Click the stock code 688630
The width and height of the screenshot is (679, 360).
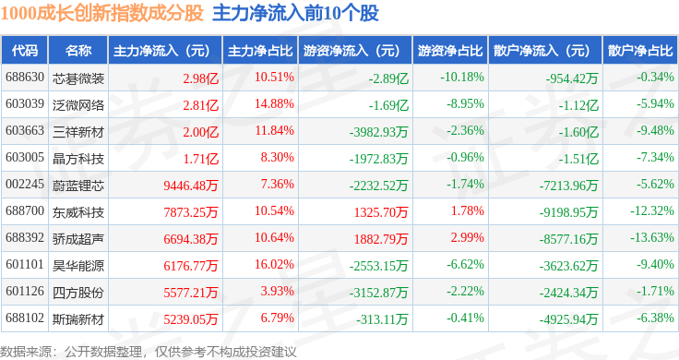pyautogui.click(x=25, y=78)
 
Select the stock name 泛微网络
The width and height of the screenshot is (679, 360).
pyautogui.click(x=78, y=105)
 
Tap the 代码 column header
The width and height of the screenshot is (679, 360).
pyautogui.click(x=25, y=51)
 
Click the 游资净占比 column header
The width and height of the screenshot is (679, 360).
pyautogui.click(x=450, y=51)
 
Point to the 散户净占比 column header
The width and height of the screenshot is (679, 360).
pyautogui.click(x=640, y=51)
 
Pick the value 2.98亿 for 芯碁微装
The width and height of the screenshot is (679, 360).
pyautogui.click(x=200, y=78)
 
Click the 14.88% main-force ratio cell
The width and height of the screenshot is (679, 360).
pyautogui.click(x=274, y=104)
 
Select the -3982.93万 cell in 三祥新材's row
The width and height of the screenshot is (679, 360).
pyautogui.click(x=378, y=132)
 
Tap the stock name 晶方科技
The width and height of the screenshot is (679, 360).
pyautogui.click(x=78, y=159)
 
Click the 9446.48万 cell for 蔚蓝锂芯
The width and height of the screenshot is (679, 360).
pyautogui.click(x=191, y=186)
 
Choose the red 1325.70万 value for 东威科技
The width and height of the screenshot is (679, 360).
pyautogui.click(x=381, y=212)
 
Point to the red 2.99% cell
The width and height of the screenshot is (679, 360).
pyautogui.click(x=467, y=238)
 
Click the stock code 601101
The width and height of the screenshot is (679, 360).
pyautogui.click(x=25, y=264)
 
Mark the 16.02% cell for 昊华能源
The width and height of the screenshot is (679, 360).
pyautogui.click(x=274, y=264)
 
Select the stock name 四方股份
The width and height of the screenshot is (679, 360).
pyautogui.click(x=78, y=293)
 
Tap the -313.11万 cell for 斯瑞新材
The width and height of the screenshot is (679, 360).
pyautogui.click(x=382, y=319)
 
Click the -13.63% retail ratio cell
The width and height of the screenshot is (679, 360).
pyautogui.click(x=651, y=238)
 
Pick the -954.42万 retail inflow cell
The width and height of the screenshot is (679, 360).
pyautogui.click(x=572, y=78)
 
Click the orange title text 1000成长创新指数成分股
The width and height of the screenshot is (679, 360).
pyautogui.click(x=101, y=13)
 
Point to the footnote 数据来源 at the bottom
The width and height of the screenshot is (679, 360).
pyautogui.click(x=26, y=352)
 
